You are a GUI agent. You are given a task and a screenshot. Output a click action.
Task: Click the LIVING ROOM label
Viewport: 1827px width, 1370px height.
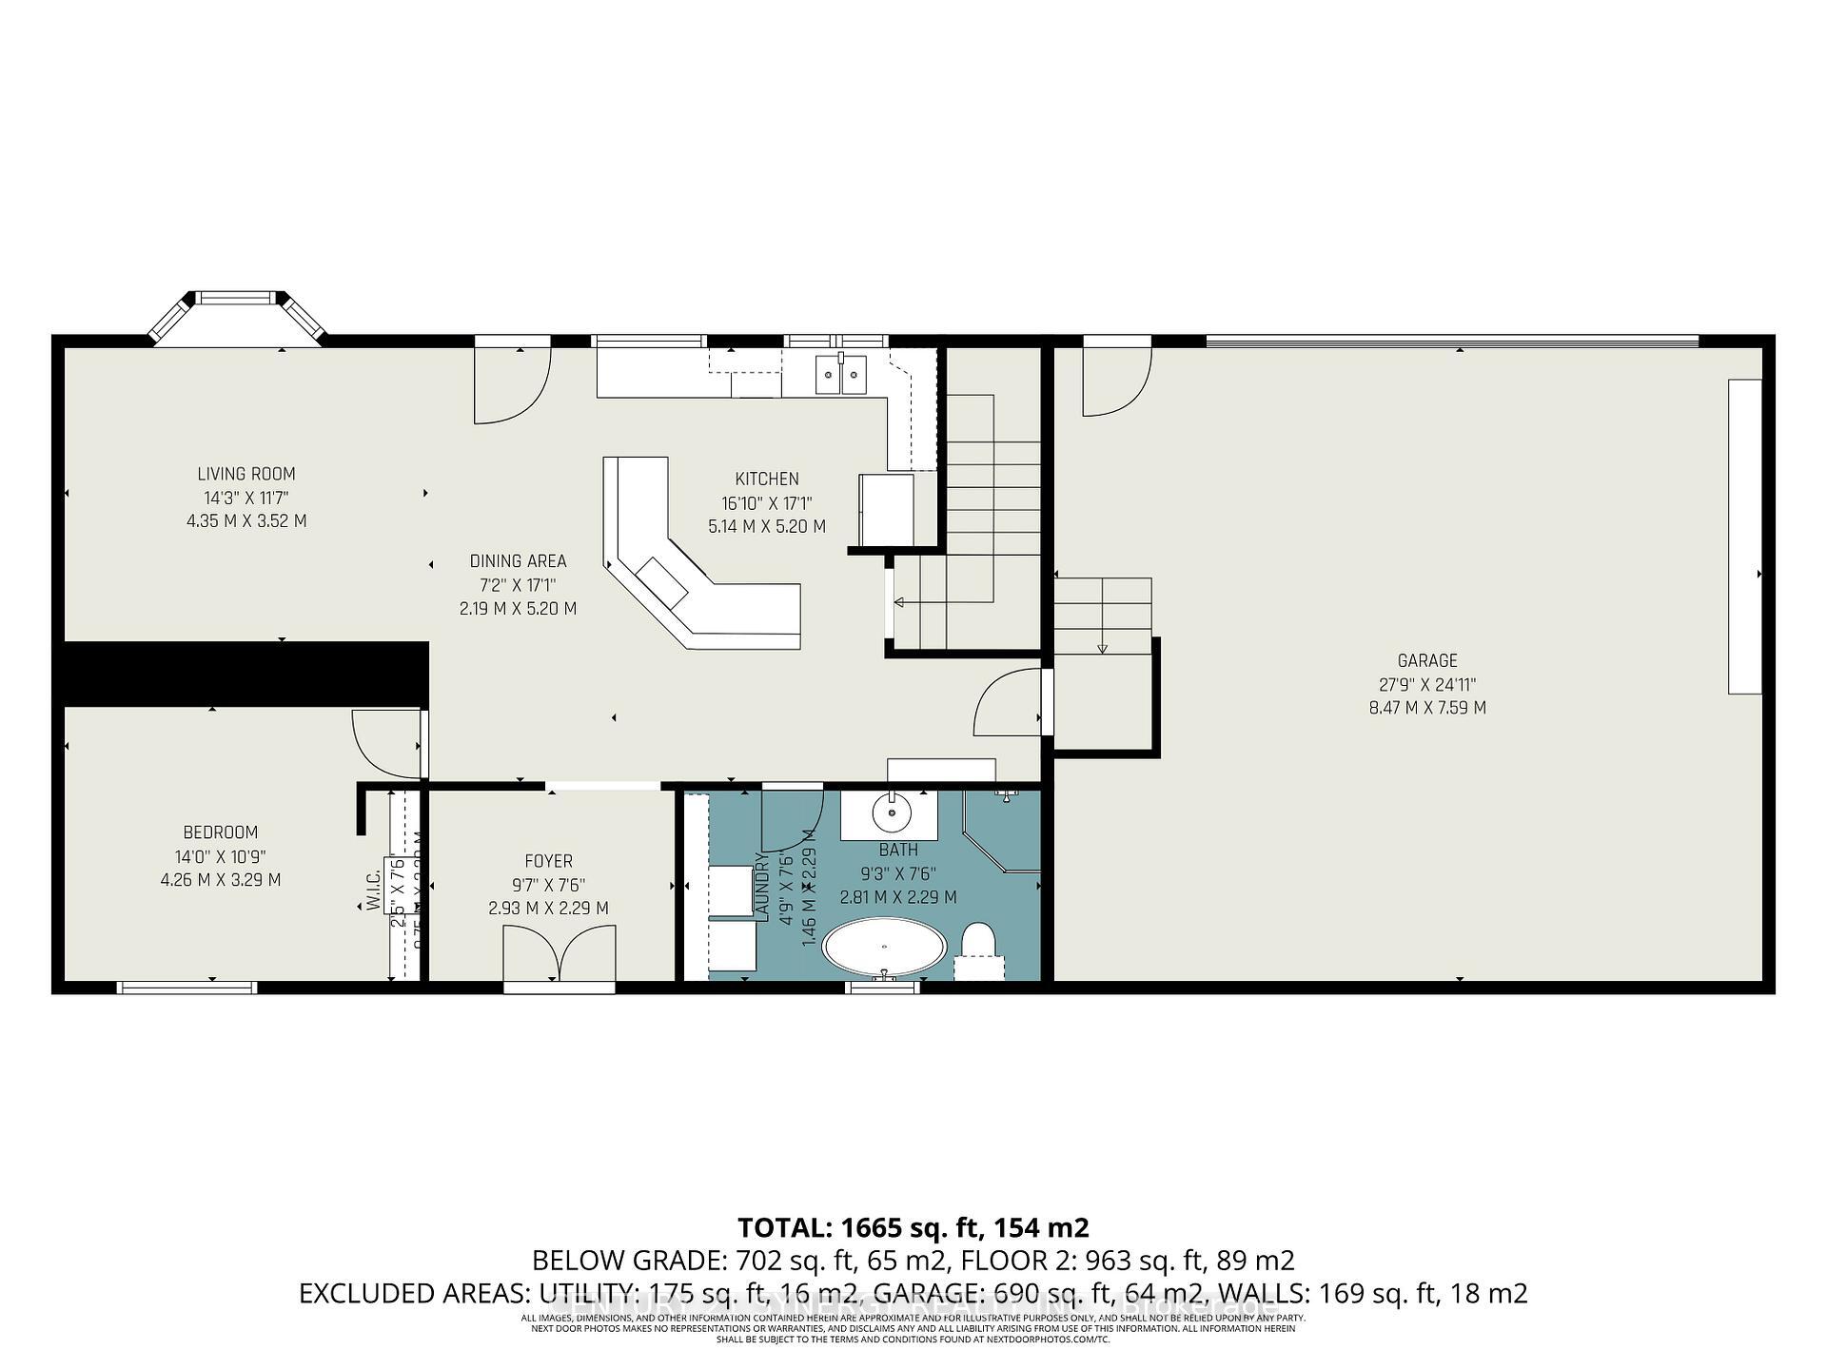pyautogui.click(x=246, y=474)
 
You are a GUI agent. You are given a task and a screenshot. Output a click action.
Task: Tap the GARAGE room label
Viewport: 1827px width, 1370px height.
pyautogui.click(x=1426, y=660)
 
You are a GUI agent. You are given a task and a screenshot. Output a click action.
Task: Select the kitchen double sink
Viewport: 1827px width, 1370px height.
pyautogui.click(x=841, y=373)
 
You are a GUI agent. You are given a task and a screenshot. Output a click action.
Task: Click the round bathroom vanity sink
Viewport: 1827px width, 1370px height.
pyautogui.click(x=892, y=812)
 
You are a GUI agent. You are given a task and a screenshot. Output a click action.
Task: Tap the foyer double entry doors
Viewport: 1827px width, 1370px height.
pyautogui.click(x=559, y=954)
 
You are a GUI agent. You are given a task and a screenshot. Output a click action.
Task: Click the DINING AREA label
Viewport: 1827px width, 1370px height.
pyautogui.click(x=518, y=561)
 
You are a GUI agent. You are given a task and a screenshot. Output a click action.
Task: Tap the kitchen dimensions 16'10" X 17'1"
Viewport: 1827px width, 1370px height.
pyautogui.click(x=766, y=503)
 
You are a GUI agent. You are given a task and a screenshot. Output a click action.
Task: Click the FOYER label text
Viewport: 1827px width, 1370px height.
pyautogui.click(x=548, y=862)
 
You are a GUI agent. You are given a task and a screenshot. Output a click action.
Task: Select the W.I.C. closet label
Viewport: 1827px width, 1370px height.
pyautogui.click(x=373, y=890)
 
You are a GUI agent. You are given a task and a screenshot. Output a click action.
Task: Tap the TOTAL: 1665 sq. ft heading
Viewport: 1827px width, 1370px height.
pyautogui.click(x=913, y=1227)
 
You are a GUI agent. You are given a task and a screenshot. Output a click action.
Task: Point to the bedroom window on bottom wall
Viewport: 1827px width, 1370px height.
pyautogui.click(x=187, y=988)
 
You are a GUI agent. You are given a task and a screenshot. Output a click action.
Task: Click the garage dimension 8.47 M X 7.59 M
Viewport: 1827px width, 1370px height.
pyautogui.click(x=1426, y=708)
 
